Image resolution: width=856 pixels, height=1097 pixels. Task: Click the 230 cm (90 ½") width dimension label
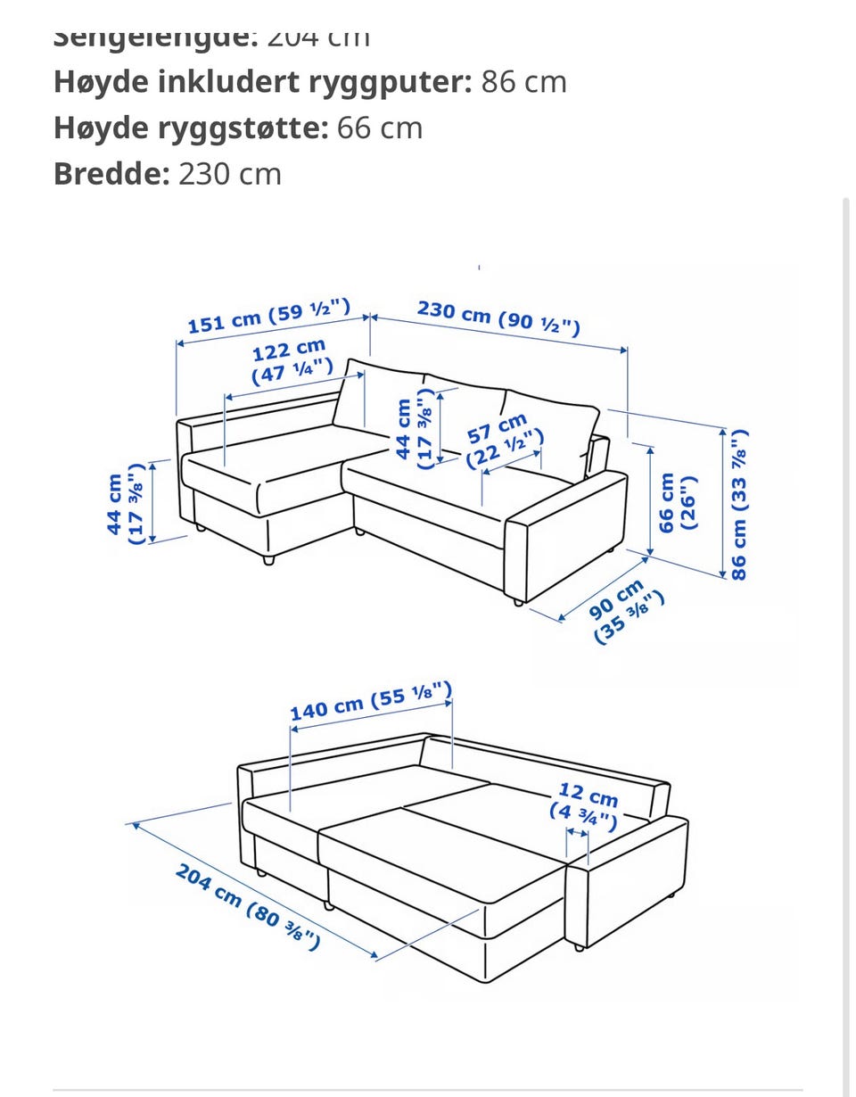(498, 318)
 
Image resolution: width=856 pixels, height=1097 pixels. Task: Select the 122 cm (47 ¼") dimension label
(292, 361)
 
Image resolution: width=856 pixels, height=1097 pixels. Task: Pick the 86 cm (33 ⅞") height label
(739, 505)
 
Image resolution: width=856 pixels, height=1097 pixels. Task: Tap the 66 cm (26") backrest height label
(677, 502)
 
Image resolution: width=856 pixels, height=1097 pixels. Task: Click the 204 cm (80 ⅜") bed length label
(248, 907)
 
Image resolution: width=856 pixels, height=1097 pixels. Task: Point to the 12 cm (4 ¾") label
(585, 804)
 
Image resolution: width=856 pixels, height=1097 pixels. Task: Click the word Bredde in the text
(111, 173)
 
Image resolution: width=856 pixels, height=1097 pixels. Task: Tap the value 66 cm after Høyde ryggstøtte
(379, 128)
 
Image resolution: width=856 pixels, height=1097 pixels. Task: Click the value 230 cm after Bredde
(230, 173)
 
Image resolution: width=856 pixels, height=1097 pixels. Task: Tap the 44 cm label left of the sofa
(126, 504)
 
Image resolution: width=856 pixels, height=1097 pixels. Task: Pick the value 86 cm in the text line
(523, 82)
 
